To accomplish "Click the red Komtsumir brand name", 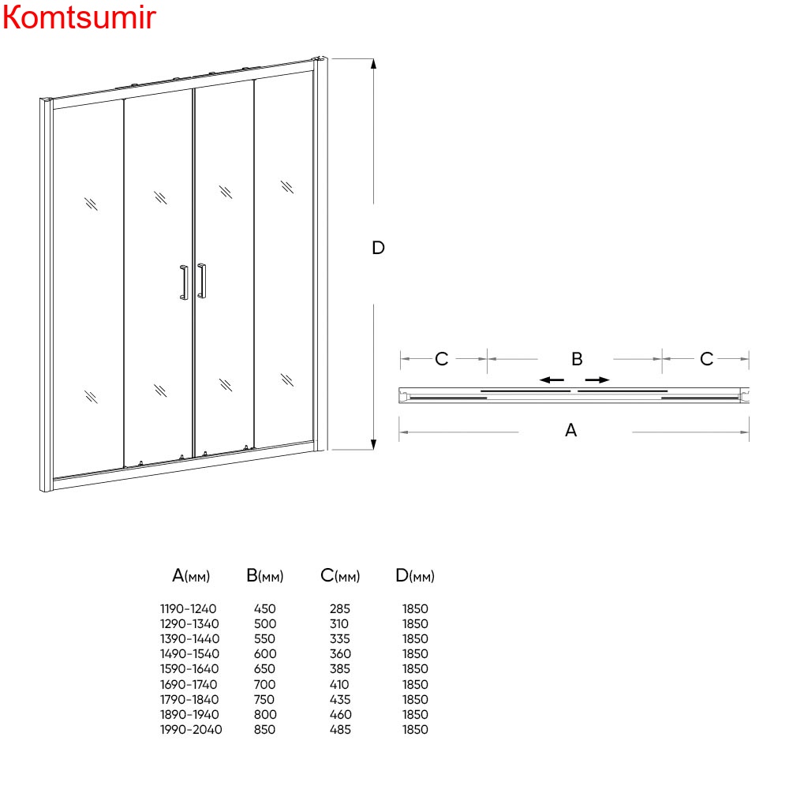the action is point(79,17).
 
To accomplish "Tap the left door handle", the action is point(184,282).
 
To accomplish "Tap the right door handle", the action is point(202,280).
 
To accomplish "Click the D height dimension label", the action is point(379,248).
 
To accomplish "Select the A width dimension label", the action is point(570,430).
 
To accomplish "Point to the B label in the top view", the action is point(578,359).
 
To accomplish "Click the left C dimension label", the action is point(441,359).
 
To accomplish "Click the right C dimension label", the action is point(706,359).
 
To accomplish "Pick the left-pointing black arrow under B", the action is point(552,380).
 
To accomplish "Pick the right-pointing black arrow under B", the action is point(597,380).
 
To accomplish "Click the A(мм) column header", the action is point(191,576).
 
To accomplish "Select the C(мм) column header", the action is point(340,576).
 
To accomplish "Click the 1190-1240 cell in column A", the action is point(189,609).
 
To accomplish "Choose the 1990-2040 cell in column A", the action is point(191,730).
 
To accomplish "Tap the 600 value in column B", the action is point(265,654).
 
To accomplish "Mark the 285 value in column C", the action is point(339,609).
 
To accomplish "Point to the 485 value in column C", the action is point(340,730).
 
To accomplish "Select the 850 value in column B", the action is point(264,730).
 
